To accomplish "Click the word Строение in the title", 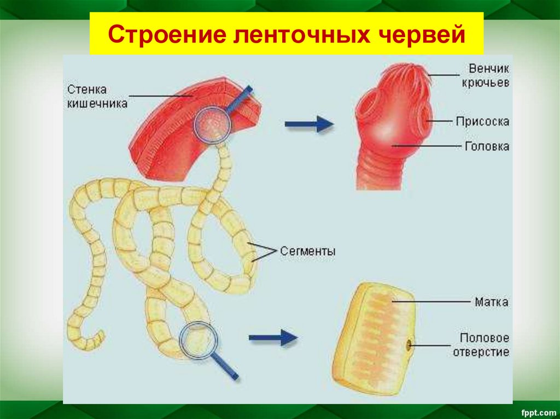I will [162, 35].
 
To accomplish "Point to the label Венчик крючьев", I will [488, 76].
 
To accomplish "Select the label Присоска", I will [482, 121].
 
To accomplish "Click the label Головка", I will [487, 146].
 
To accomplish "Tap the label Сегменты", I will [308, 252].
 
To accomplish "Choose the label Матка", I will [491, 302].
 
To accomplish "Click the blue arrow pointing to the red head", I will [309, 123].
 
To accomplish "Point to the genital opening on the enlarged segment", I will [408, 344].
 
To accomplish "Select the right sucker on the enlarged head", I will [423, 116].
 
